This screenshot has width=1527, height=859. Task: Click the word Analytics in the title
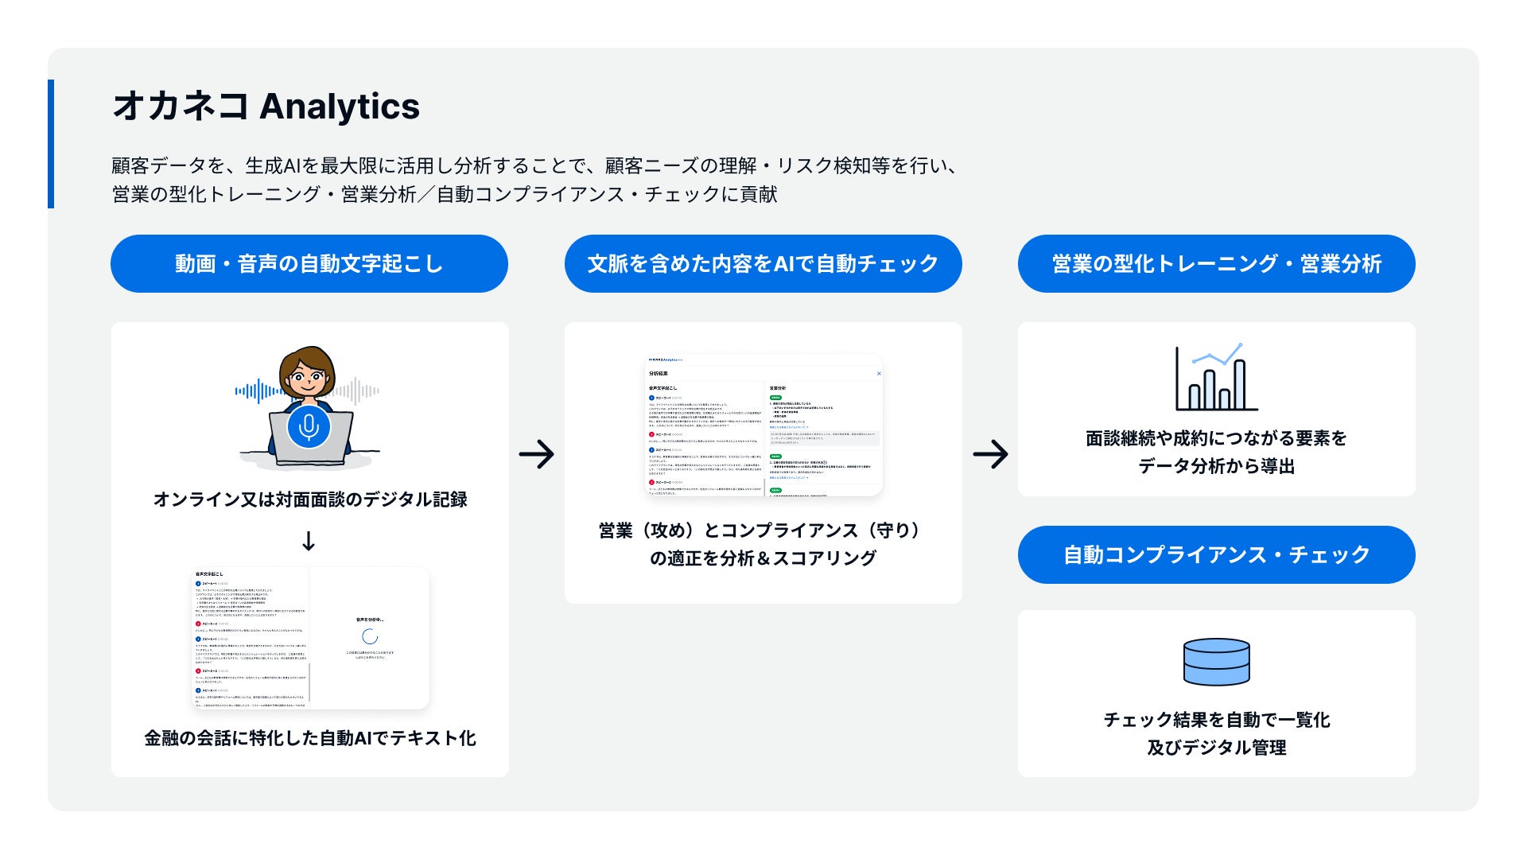pyautogui.click(x=340, y=107)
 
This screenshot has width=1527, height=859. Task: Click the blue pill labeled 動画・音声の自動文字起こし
pyautogui.click(x=309, y=264)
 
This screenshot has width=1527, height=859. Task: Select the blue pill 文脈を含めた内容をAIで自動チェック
pyautogui.click(x=763, y=264)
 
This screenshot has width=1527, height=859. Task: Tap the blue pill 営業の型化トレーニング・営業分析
pyautogui.click(x=1216, y=264)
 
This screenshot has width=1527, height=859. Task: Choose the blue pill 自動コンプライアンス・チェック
pyautogui.click(x=1216, y=554)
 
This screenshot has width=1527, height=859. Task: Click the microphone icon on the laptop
pyautogui.click(x=309, y=427)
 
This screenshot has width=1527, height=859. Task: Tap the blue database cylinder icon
pyautogui.click(x=1216, y=662)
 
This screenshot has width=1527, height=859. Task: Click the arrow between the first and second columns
pyautogui.click(x=537, y=454)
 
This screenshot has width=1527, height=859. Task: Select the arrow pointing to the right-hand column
pyautogui.click(x=990, y=454)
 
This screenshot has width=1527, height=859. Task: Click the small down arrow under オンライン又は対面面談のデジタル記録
pyautogui.click(x=309, y=542)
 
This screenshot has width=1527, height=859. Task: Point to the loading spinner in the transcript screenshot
pyautogui.click(x=370, y=636)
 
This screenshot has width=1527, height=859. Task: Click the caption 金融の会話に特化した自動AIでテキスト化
pyautogui.click(x=309, y=738)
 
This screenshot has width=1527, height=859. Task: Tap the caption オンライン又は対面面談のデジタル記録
pyautogui.click(x=309, y=499)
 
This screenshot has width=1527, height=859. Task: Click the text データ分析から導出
pyautogui.click(x=1216, y=466)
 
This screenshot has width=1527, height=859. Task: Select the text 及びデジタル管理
pyautogui.click(x=1216, y=748)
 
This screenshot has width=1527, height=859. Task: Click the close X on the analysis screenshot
pyautogui.click(x=879, y=373)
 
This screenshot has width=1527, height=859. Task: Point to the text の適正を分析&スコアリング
pyautogui.click(x=763, y=558)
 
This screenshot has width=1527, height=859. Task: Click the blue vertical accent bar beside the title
pyautogui.click(x=51, y=144)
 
